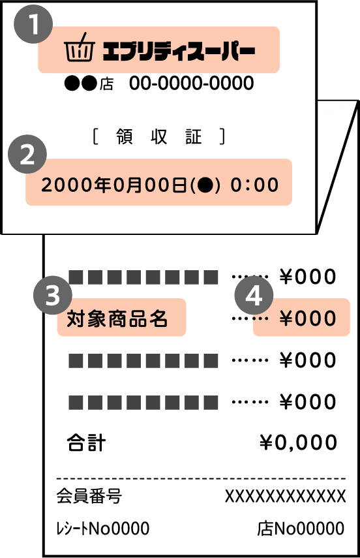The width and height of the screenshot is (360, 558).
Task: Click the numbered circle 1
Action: click(33, 24)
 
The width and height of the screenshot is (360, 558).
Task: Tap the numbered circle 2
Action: click(27, 154)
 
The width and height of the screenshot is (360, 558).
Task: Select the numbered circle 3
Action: click(53, 295)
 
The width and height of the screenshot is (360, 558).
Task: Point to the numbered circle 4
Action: click(254, 295)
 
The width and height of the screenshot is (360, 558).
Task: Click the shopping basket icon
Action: click(80, 48)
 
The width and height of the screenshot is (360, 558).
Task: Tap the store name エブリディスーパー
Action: click(179, 50)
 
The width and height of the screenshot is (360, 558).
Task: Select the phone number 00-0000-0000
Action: click(191, 83)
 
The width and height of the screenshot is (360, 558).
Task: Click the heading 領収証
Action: click(158, 136)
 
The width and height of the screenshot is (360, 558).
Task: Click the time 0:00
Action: click(254, 185)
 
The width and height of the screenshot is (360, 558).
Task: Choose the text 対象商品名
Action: click(117, 318)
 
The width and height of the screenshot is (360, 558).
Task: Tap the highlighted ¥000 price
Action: click(308, 318)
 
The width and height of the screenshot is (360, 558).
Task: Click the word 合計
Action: click(86, 442)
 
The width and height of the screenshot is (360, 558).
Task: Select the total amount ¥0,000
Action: click(298, 442)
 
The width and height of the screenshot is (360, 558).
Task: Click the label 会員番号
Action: click(89, 496)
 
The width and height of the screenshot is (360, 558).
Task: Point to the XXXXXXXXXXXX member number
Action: click(285, 496)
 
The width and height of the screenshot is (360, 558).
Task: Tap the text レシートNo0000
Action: click(103, 529)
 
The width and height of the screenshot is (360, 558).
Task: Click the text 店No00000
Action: click(301, 529)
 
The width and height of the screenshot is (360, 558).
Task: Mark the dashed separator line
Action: click(201, 478)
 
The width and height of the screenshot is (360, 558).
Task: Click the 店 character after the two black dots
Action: click(106, 84)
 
